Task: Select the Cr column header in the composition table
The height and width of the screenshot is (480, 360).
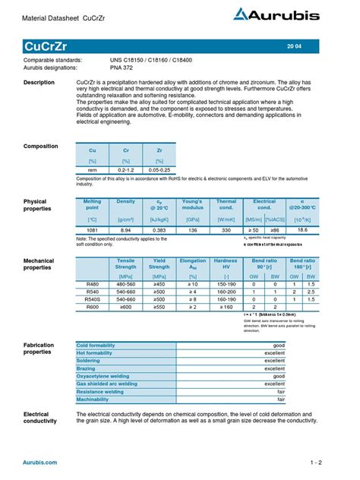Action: point(126,150)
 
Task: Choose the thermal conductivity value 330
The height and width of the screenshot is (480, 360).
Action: point(226,229)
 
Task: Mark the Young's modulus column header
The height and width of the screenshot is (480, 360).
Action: point(193,205)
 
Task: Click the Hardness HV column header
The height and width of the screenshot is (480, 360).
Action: point(226,264)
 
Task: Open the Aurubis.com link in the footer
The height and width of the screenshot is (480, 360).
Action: point(39,462)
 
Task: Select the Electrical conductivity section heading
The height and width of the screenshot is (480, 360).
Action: point(45,418)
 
